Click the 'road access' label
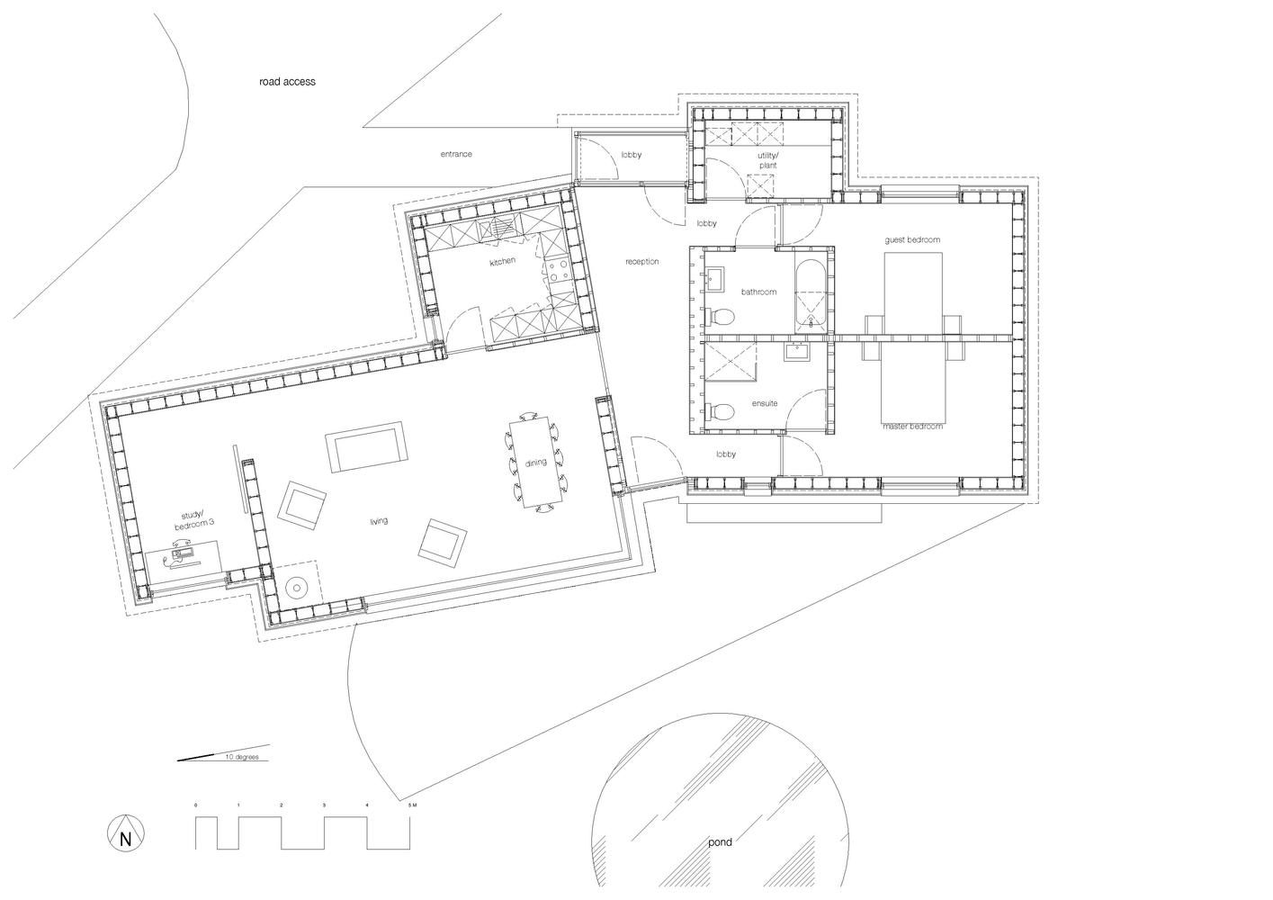[x=287, y=82]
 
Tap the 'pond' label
[x=720, y=842]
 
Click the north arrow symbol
[x=126, y=834]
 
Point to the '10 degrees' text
[x=241, y=757]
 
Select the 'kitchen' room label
[x=502, y=262]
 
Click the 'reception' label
[x=642, y=262]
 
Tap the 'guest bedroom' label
[x=912, y=240]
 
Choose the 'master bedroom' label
[x=913, y=427]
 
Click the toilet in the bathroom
[x=720, y=317]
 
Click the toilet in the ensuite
[x=720, y=411]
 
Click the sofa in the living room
[x=366, y=446]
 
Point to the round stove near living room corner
[x=296, y=588]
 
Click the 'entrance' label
[x=456, y=154]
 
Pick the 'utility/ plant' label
[x=767, y=160]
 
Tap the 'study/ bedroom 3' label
[x=193, y=521]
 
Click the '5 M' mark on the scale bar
[x=412, y=805]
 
